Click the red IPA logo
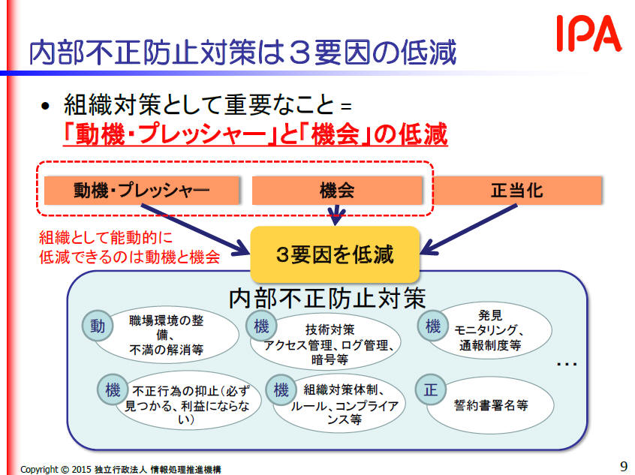coord(588,33)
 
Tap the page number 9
coord(623,466)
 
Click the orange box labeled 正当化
coord(517,191)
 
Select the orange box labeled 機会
coord(337,191)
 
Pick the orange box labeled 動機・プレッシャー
coord(142,191)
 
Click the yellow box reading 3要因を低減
coord(335,254)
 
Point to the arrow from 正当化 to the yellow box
coord(469,229)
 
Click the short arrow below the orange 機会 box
coord(336,215)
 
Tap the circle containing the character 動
coord(97,326)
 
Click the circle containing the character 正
coord(431,390)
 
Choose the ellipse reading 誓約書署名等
coord(490,405)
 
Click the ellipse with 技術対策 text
coord(326,343)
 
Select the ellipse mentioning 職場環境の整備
coord(166,335)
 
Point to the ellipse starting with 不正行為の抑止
coord(186,405)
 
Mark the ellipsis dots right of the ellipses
coord(567,365)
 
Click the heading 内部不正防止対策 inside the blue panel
coord(327,299)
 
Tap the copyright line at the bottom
coord(121,469)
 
